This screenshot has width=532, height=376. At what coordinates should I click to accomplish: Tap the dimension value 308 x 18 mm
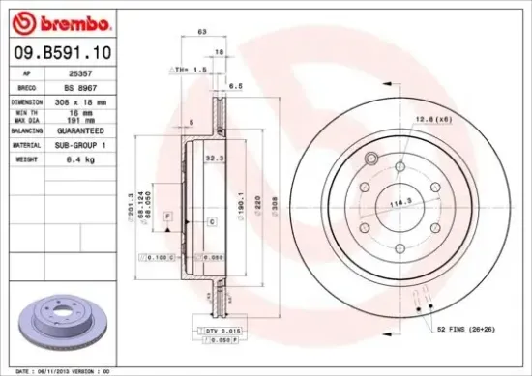coord(92,100)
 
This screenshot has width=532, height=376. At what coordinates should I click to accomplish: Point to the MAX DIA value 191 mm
coord(92,120)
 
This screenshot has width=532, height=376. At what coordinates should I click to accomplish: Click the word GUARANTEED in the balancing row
coord(92,130)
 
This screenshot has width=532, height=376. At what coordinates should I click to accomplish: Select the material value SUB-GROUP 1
coord(92,144)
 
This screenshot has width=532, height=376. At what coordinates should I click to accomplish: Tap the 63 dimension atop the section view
coord(201,33)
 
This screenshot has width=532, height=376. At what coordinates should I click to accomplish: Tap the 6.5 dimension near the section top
coord(235,85)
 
